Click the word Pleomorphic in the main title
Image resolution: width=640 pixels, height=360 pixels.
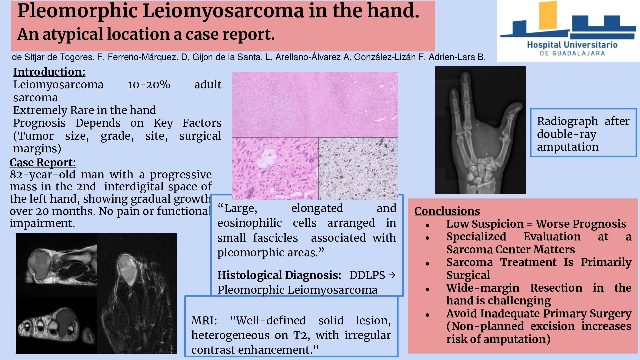77,11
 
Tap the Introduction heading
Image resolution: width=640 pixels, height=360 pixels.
49,72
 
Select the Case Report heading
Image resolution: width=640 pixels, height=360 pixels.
43,162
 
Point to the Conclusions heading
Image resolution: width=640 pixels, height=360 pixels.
447,211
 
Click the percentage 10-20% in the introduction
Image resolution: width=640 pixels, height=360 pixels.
149,85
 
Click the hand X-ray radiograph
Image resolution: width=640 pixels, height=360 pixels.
481,130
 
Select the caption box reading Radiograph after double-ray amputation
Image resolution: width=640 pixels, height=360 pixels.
583,132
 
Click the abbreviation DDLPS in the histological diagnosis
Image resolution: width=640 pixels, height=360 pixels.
367,275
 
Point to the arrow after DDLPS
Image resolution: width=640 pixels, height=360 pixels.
392,275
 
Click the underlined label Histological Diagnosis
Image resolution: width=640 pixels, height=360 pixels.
279,275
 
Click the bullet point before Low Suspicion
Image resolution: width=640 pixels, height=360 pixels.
427,226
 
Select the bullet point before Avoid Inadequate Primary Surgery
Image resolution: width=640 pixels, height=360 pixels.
427,315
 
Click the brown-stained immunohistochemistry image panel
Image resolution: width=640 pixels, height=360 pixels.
358,169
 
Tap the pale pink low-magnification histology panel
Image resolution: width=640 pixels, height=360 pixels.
315,104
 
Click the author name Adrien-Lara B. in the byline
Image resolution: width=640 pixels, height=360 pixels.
457,57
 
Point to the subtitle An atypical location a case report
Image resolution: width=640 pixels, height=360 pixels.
146,34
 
